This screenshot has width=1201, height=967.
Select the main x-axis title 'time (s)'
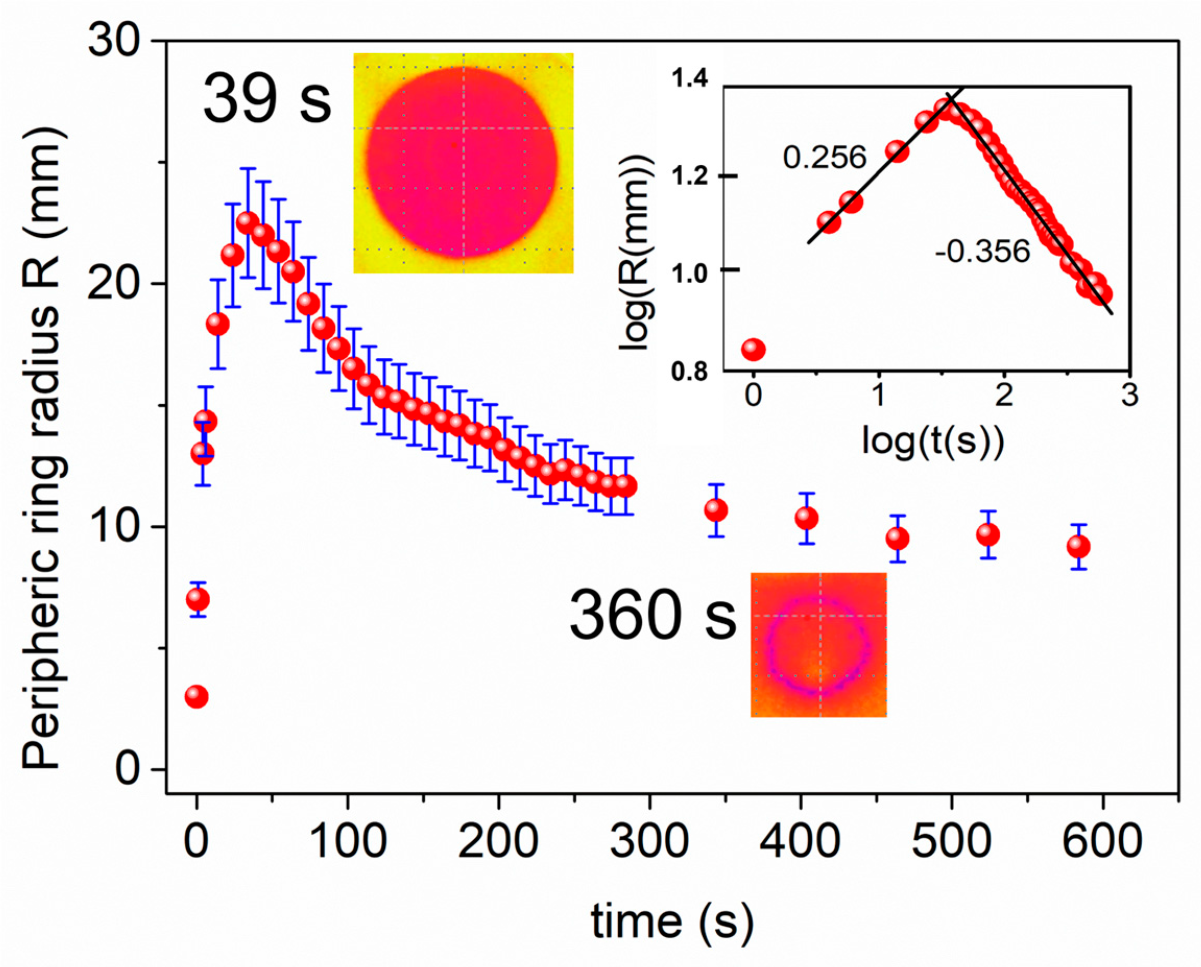(672, 921)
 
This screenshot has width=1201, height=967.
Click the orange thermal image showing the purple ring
(818, 645)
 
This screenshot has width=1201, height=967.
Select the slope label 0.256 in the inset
(824, 158)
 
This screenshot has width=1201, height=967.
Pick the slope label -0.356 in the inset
(982, 252)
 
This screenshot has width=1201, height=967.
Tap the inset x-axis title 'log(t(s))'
(933, 441)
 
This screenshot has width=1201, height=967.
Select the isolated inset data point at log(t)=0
(753, 349)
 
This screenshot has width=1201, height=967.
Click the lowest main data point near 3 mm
(197, 696)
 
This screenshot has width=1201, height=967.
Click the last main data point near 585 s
(1078, 547)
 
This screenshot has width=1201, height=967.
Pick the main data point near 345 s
(716, 510)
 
